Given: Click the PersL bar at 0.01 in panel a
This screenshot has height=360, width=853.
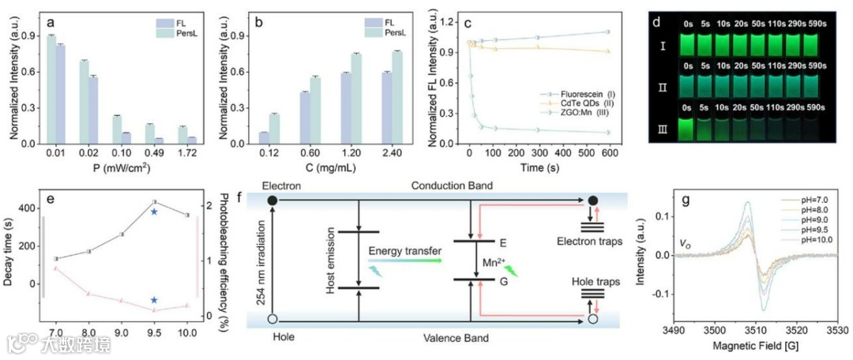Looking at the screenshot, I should (51, 89).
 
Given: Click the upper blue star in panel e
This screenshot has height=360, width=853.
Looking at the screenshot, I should (154, 212).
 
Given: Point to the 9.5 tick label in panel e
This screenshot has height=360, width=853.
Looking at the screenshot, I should (154, 335).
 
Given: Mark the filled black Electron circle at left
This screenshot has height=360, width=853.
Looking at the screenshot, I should (272, 201).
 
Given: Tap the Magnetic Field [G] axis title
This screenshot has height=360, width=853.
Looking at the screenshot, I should (756, 348).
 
